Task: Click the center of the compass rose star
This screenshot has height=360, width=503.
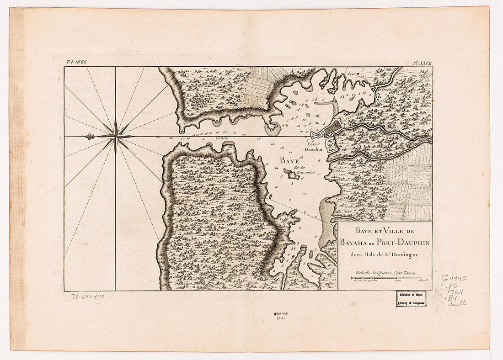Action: coord(115,136)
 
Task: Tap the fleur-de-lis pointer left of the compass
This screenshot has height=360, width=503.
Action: coord(89,136)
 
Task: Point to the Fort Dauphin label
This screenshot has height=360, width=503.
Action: coord(314,147)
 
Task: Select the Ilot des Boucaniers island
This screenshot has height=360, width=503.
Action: coord(291,174)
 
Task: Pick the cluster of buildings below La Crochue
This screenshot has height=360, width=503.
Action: coord(378,96)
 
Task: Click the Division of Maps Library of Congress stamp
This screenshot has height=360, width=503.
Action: coord(411,298)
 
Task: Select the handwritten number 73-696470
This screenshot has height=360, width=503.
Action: coord(88,296)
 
